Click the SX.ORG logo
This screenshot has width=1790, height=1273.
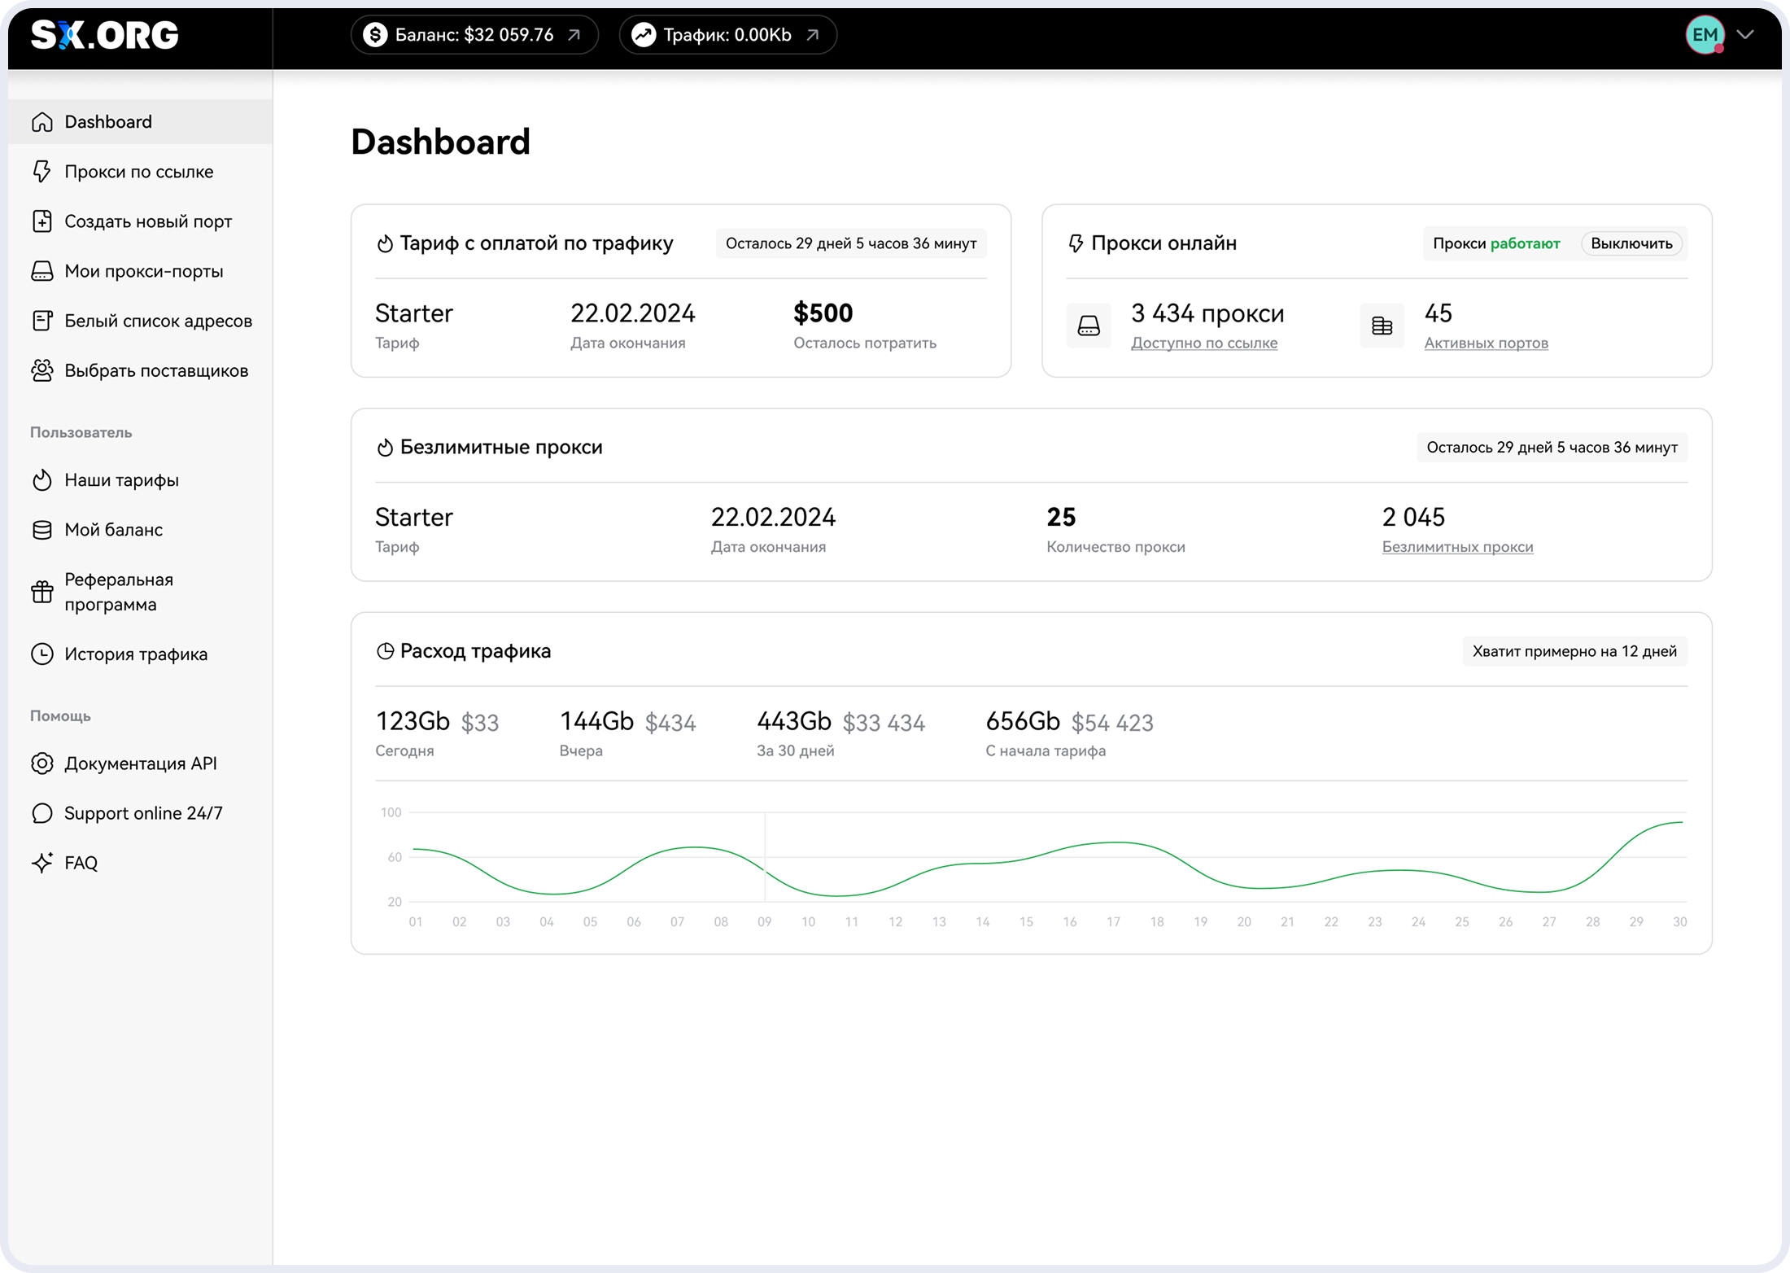[104, 35]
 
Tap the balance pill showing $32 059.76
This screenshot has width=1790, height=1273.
[474, 35]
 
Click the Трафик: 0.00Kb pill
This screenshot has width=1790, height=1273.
[727, 35]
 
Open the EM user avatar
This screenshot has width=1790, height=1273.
[1705, 35]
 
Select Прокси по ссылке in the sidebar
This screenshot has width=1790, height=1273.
[138, 172]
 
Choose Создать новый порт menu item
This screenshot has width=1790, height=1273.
[147, 221]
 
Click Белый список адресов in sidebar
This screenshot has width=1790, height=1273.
[158, 321]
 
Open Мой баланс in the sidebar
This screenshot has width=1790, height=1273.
[113, 530]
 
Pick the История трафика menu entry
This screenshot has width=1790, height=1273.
[135, 654]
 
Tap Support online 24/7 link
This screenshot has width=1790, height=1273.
[142, 813]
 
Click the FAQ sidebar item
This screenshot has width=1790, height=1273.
[81, 863]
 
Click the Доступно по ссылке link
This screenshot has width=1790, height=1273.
[1203, 343]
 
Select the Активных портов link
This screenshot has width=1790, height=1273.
[1486, 343]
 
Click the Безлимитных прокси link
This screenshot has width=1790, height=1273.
[1456, 547]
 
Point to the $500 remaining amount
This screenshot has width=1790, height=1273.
[823, 313]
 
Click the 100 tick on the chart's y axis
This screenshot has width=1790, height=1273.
[391, 812]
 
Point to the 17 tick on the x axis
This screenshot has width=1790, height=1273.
[1113, 922]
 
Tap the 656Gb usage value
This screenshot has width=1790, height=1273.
[1022, 721]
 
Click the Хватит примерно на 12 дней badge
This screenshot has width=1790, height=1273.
[1574, 651]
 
